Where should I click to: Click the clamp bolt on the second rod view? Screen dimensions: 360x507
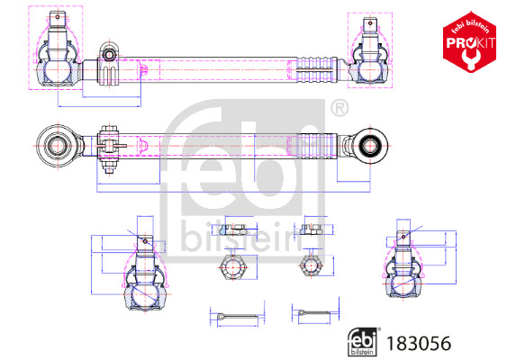(x=110, y=145)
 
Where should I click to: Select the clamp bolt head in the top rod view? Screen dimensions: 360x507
(x=109, y=57)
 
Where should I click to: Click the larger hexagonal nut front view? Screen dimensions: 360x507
(x=231, y=266)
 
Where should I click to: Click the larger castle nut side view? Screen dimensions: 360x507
(x=232, y=229)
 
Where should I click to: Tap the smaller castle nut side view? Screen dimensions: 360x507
(x=312, y=229)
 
